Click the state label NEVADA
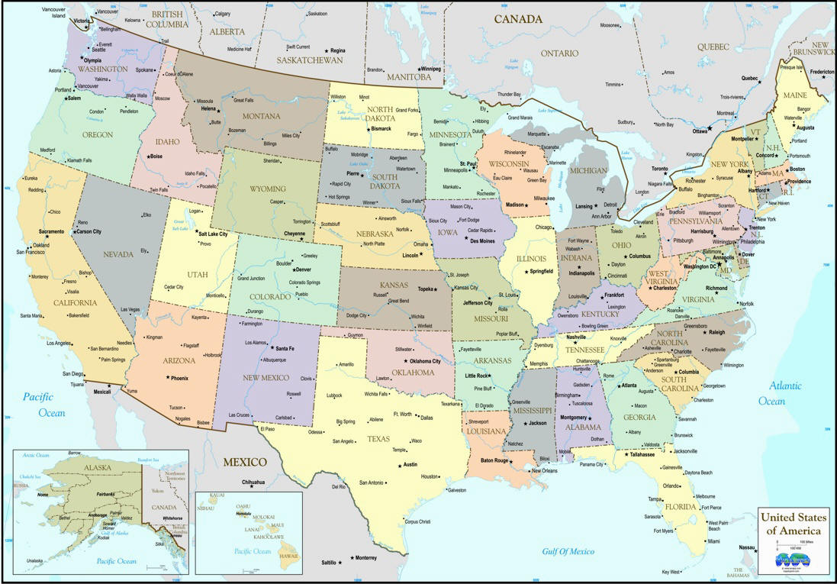click(118, 253)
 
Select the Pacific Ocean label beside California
click(43, 405)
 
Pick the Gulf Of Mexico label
click(568, 551)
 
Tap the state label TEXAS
click(378, 439)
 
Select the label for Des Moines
click(482, 240)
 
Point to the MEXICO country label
click(245, 462)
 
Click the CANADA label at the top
click(518, 19)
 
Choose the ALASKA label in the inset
click(76, 468)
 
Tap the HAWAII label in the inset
click(288, 557)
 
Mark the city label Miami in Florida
click(713, 541)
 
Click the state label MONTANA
click(262, 116)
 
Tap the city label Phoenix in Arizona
click(179, 378)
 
